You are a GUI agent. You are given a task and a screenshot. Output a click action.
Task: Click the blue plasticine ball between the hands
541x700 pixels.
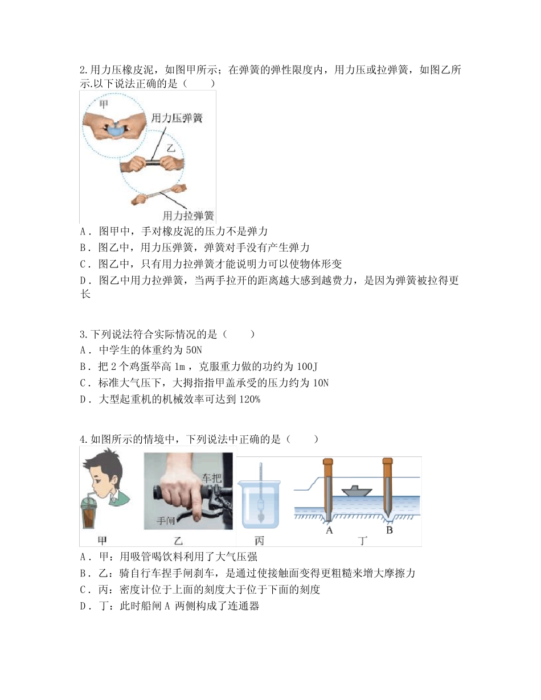tap(117, 129)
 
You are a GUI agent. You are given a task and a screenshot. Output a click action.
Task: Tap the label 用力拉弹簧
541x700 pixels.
tap(188, 216)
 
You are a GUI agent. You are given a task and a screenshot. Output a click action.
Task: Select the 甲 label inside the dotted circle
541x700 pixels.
tap(104, 105)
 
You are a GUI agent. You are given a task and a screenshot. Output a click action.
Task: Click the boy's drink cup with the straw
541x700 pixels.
tap(93, 511)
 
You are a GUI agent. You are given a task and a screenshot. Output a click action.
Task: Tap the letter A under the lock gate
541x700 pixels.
tap(329, 530)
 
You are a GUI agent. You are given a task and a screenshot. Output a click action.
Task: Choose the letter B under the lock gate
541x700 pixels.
tap(390, 530)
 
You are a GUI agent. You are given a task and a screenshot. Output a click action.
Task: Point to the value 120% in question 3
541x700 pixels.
tap(248, 400)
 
